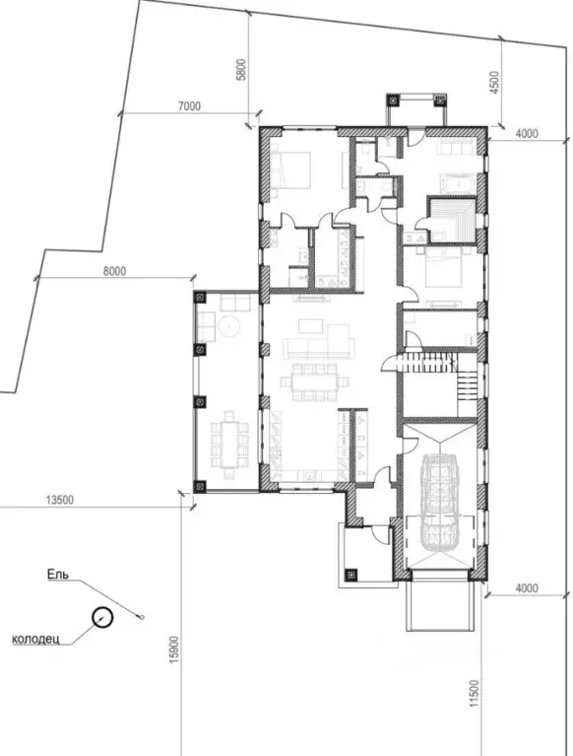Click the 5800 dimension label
242,69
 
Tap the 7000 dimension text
189,106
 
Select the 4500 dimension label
493,83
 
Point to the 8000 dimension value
114,271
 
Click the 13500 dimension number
60,500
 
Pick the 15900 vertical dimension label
174,650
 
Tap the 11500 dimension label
475,694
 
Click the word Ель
58,575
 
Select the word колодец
35,640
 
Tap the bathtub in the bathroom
458,184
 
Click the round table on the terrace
228,327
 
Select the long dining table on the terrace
229,445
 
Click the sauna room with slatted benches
453,220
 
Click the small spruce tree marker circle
141,617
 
